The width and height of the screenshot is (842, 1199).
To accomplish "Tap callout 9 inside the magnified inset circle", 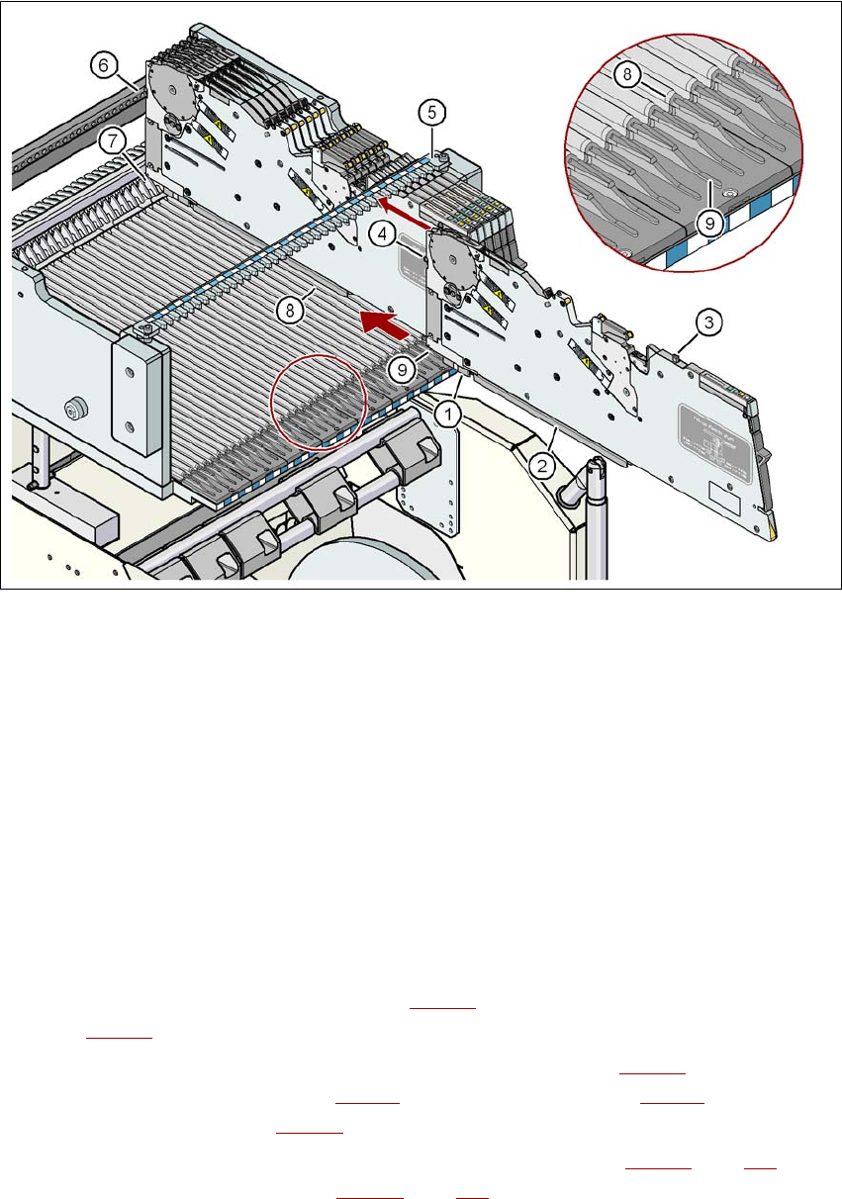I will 708,225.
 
